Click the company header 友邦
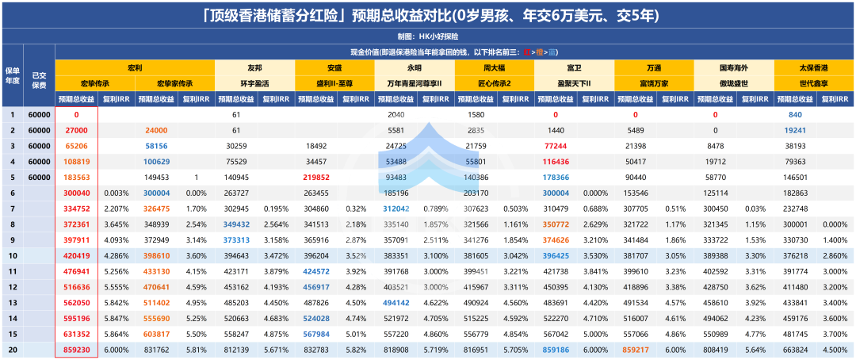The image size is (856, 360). click(254, 68)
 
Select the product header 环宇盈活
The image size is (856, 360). click(254, 83)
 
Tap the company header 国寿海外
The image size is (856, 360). click(733, 68)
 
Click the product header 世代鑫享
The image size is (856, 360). click(813, 83)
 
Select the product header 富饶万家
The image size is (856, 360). click(654, 83)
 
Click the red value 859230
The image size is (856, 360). click(77, 349)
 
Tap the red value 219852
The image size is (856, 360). click(316, 178)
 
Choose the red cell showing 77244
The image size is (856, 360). click(556, 146)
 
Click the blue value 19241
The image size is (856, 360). click(795, 130)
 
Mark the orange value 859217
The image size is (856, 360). click(636, 349)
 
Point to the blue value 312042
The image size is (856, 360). click(396, 209)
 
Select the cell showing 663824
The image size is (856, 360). click(795, 349)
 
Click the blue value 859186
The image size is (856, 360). click(556, 349)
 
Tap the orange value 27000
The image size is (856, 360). click(77, 130)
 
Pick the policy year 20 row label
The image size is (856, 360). click(12, 349)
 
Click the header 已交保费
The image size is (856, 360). click(39, 75)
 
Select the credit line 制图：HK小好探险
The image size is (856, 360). click(428, 36)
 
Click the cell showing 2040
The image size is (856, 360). click(396, 115)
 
